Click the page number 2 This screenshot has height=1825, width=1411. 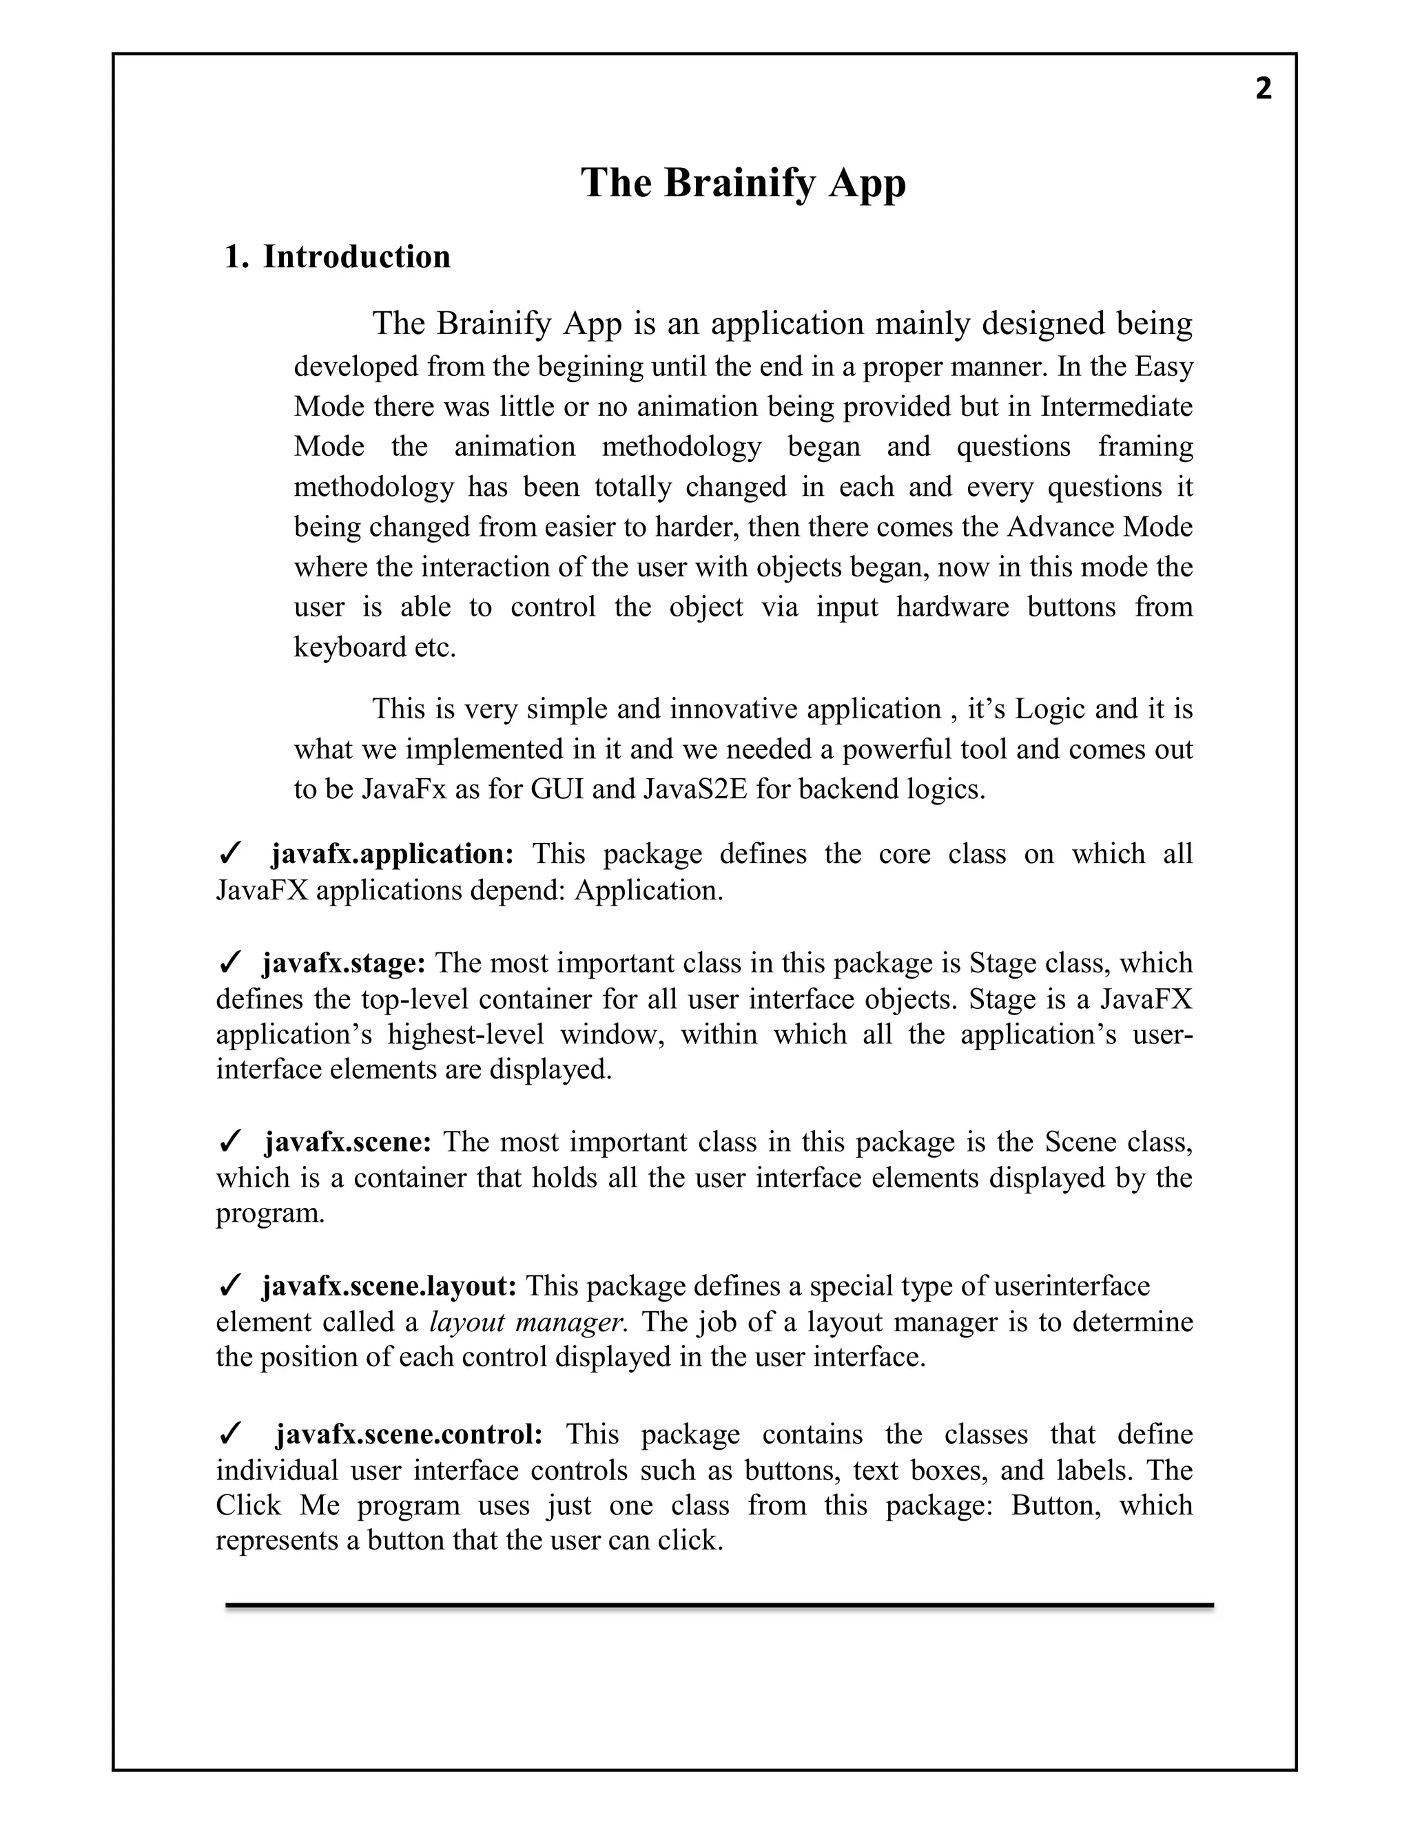(1263, 89)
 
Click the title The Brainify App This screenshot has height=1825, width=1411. (743, 183)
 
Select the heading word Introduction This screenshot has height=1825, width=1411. (357, 257)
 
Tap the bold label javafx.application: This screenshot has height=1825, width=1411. (392, 854)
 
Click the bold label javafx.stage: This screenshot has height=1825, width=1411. (344, 963)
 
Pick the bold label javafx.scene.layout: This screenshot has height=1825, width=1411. (389, 1286)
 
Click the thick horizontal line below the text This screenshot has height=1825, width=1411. (719, 1605)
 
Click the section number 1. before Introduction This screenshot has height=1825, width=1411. (236, 257)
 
